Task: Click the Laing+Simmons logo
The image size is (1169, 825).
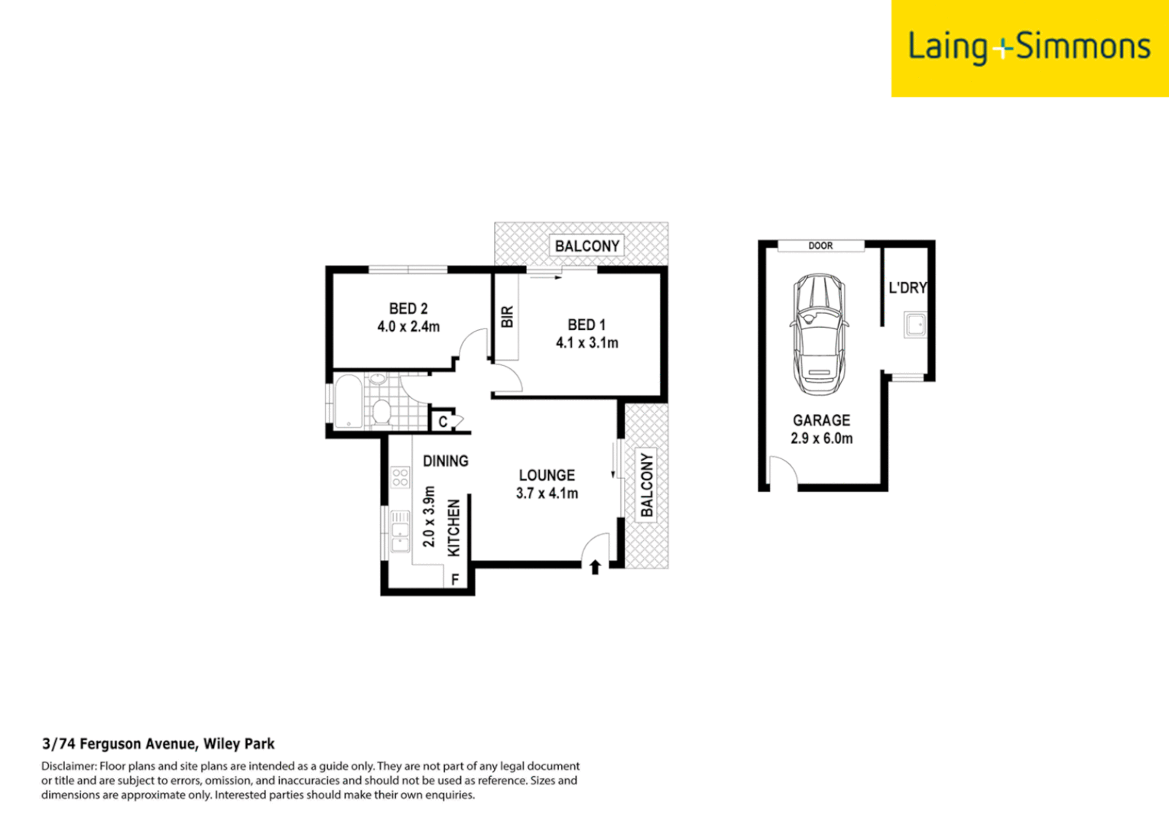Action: [1029, 47]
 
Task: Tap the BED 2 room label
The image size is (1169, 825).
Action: [408, 309]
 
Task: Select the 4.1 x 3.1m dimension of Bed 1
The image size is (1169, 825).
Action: [586, 343]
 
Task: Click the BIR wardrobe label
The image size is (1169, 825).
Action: [507, 317]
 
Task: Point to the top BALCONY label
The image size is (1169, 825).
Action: [586, 246]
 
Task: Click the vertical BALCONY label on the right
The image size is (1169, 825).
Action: [647, 485]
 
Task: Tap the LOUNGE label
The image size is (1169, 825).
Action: [547, 475]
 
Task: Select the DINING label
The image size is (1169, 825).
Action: [445, 461]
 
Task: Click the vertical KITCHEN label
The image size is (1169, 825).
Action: [453, 528]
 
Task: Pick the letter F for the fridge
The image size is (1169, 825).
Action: [455, 580]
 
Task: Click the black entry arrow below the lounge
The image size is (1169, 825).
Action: [595, 567]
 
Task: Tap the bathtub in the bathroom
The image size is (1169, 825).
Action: [349, 401]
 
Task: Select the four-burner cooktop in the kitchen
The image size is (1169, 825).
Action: [400, 478]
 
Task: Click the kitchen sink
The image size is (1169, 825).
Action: [399, 531]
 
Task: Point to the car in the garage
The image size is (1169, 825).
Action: [819, 334]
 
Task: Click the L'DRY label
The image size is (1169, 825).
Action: [907, 288]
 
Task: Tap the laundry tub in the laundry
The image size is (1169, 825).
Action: [914, 325]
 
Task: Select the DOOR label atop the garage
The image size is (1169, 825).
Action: [820, 246]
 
